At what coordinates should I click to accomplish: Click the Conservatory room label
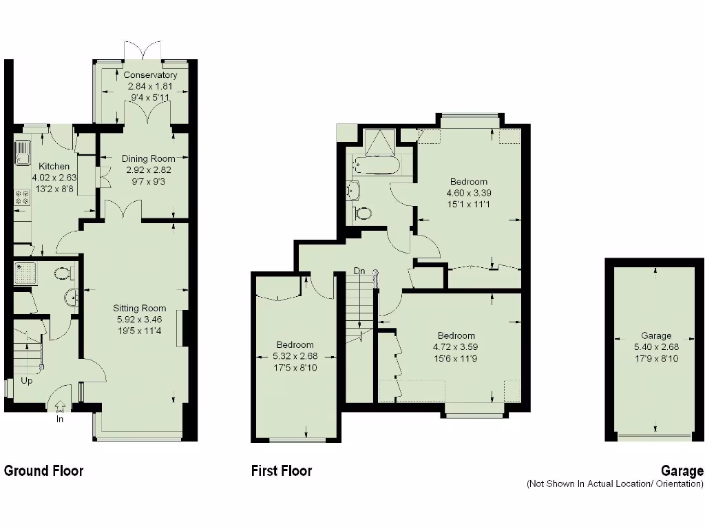150,75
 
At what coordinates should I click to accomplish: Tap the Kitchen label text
54,167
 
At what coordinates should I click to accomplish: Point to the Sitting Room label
140,309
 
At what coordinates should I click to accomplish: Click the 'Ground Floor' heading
43,471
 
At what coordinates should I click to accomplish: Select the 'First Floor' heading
281,471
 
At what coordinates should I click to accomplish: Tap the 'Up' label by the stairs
26,380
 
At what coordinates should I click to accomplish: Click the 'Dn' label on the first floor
359,271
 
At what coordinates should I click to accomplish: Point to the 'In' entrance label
60,419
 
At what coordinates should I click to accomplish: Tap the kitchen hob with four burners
21,198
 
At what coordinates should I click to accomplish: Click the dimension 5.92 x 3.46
140,320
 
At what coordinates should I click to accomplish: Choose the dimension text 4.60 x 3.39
469,194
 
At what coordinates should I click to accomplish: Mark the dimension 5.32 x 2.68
295,356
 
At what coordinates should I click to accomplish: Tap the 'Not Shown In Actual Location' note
615,484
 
